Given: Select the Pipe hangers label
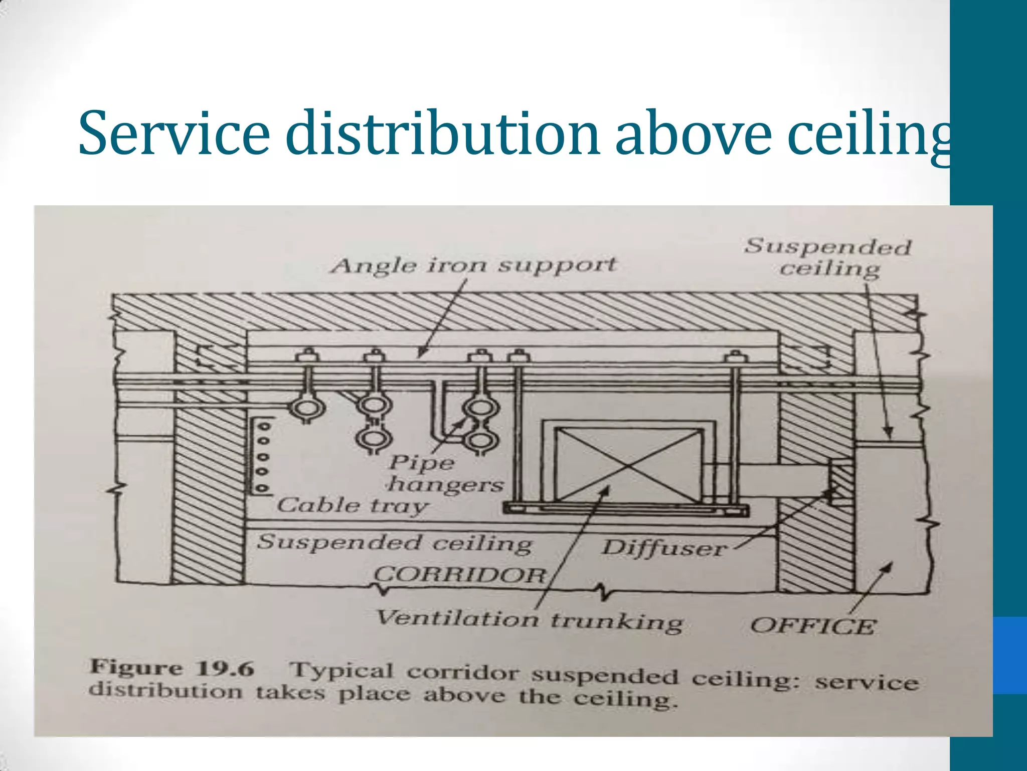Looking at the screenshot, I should [445, 473].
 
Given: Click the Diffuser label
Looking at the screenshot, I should [663, 548].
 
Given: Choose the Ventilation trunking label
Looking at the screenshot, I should [529, 620].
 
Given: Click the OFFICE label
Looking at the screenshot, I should [813, 626].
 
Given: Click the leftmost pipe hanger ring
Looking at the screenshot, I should [306, 408].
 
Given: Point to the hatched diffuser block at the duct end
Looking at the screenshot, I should [840, 482].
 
